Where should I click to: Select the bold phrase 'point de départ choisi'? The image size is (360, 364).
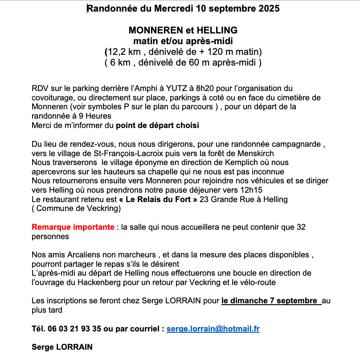(157, 125)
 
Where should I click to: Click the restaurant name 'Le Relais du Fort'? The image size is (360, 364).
(158, 199)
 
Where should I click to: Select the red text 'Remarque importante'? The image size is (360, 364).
(73, 227)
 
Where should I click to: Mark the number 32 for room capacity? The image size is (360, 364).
(301, 227)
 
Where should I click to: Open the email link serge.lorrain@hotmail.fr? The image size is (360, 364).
(213, 329)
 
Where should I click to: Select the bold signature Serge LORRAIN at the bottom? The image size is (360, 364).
(62, 347)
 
